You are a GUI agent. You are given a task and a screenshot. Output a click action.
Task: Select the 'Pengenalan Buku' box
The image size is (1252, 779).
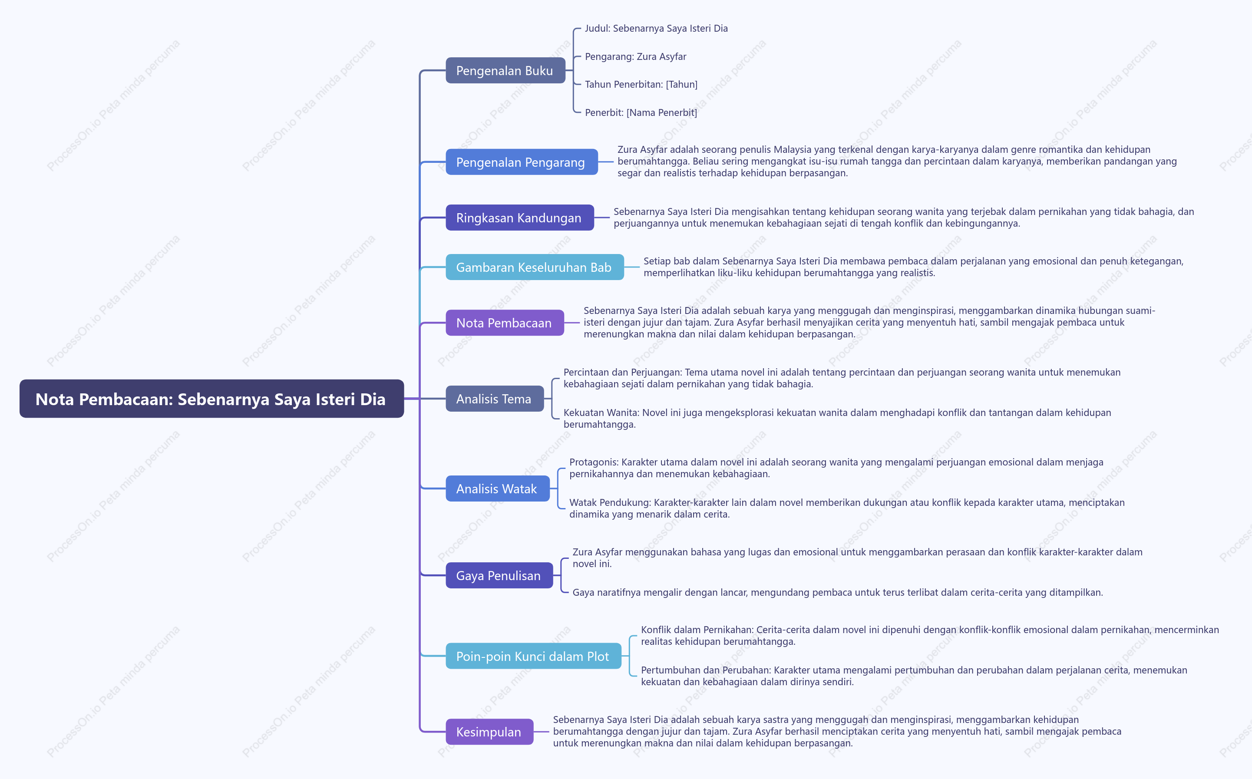505,71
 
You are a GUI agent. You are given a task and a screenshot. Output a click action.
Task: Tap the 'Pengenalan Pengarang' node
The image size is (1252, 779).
522,162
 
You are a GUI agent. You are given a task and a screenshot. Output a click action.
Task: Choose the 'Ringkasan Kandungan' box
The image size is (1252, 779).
519,218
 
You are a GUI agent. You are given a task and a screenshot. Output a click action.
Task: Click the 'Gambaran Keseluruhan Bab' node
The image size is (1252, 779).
534,267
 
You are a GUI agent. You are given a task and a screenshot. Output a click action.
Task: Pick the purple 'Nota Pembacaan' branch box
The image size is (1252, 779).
505,323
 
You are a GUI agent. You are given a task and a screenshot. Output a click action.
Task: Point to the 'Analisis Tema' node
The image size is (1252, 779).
495,399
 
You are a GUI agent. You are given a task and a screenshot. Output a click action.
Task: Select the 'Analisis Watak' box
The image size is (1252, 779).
497,489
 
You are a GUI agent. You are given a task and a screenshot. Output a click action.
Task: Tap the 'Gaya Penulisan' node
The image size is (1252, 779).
499,575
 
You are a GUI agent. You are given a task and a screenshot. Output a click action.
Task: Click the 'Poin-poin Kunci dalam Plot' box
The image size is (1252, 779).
533,656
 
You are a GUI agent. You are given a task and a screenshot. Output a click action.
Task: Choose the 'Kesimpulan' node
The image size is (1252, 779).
489,732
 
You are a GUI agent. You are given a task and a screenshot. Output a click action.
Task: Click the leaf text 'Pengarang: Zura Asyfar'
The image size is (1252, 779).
635,57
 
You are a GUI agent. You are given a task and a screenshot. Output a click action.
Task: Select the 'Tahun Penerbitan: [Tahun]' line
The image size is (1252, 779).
641,85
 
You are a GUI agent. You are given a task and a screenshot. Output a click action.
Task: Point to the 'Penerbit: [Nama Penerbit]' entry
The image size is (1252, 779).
641,112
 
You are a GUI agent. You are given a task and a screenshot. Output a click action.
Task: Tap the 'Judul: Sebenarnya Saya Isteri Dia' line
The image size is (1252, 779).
656,28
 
